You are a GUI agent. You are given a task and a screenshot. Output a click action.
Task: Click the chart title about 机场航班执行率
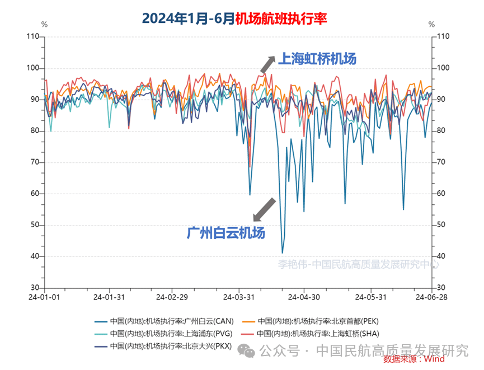pyautogui.click(x=234, y=18)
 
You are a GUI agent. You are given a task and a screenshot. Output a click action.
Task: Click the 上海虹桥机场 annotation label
pyautogui.click(x=317, y=58)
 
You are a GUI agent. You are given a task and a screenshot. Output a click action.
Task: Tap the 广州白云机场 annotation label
pyautogui.click(x=226, y=232)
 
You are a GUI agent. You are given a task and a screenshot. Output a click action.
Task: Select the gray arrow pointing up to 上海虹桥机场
pyautogui.click(x=267, y=64)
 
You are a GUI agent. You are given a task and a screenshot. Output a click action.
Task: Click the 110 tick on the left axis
pyautogui.click(x=33, y=37)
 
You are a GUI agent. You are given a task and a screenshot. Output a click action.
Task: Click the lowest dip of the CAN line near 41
pyautogui.click(x=283, y=253)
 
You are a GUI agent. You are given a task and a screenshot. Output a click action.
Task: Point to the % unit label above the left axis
pyautogui.click(x=44, y=25)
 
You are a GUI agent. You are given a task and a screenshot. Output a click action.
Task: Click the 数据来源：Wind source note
pyautogui.click(x=415, y=358)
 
